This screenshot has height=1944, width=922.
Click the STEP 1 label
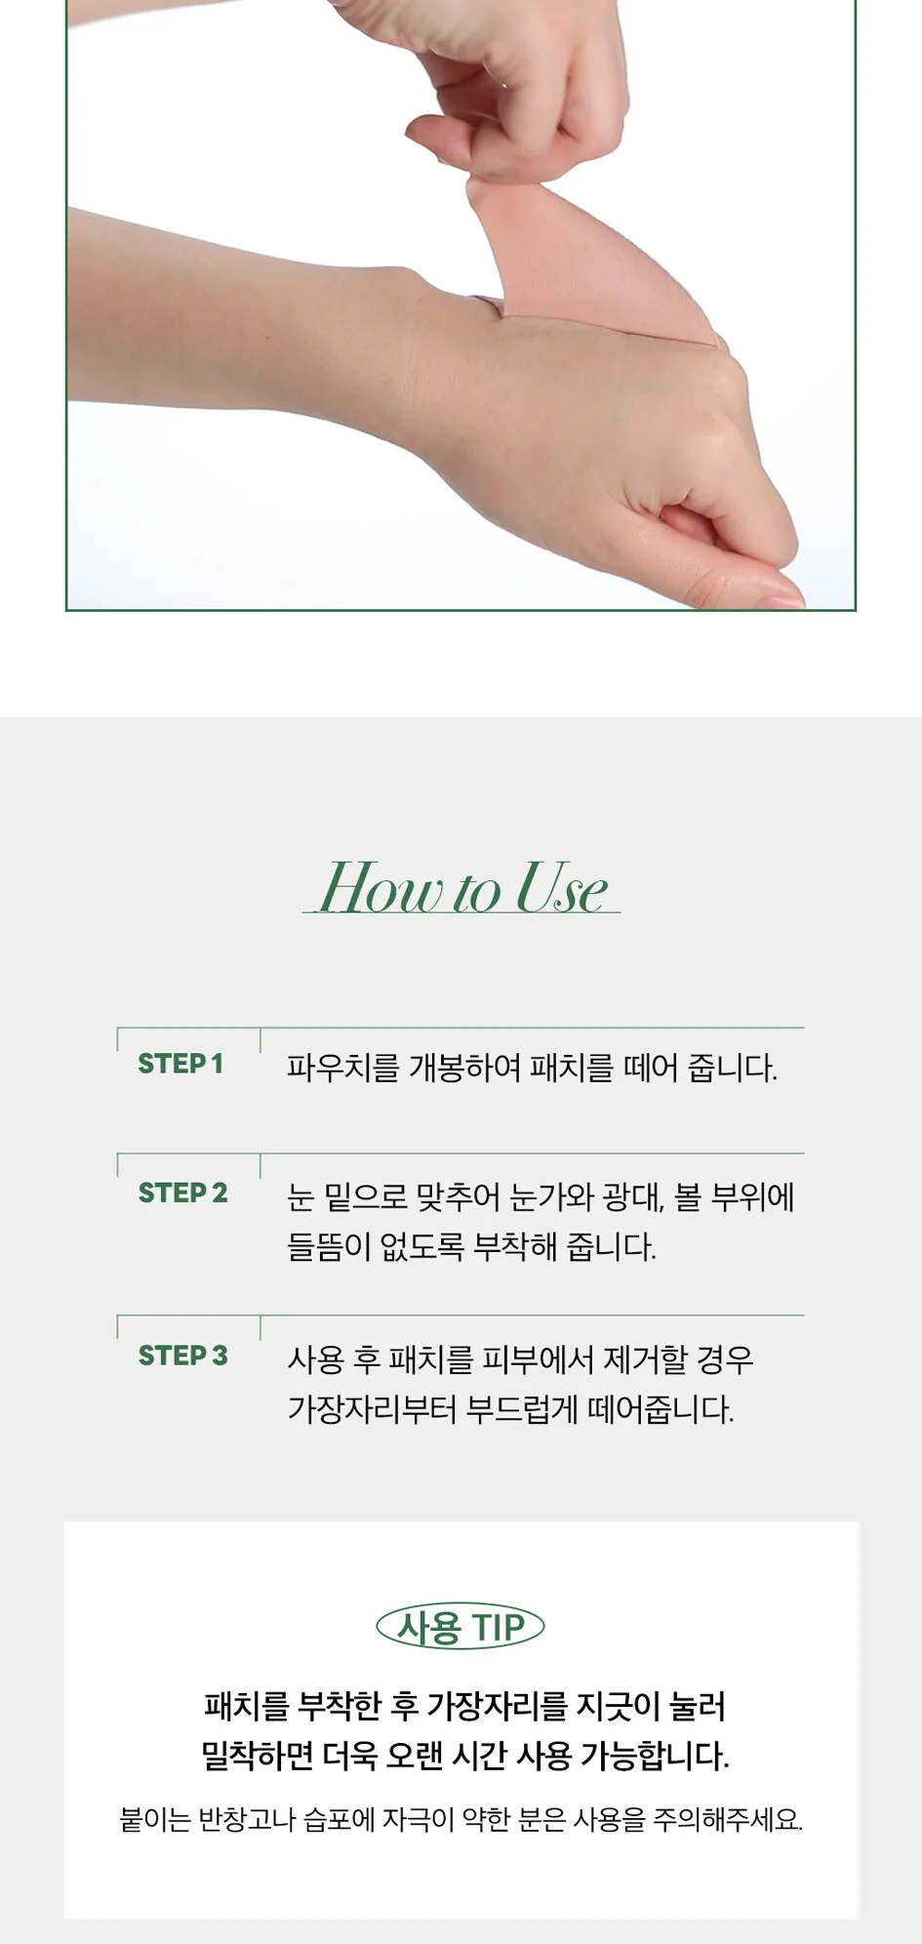coord(180,1064)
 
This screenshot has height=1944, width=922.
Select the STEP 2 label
coord(182,1193)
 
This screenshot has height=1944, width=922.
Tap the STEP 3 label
coord(182,1356)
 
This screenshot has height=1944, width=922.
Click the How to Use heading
coord(462,888)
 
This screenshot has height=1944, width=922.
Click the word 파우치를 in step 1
coord(342,1068)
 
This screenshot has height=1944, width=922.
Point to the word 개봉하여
coord(464,1068)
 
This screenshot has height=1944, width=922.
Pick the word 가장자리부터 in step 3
coord(372,1409)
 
